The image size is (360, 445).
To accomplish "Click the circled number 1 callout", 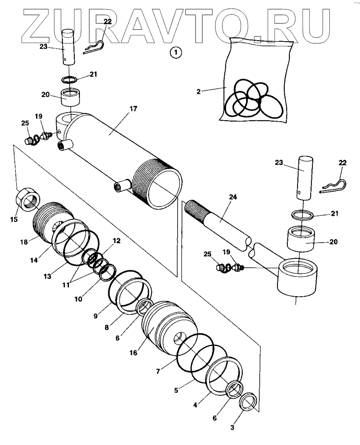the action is [x=176, y=53].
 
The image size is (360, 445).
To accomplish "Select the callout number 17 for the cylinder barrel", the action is [x=133, y=109].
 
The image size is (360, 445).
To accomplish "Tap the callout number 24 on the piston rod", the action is [x=233, y=197].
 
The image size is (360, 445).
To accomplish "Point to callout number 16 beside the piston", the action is [x=133, y=353].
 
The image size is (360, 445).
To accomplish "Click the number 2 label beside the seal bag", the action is [x=198, y=91].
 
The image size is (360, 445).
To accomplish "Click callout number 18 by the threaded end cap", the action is [x=24, y=242].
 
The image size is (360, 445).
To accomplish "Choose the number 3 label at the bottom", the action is [x=232, y=428].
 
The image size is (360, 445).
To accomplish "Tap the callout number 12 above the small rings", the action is [x=116, y=241].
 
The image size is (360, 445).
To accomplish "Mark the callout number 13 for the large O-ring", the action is [x=47, y=276].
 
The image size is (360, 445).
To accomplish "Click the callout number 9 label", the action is [x=95, y=316].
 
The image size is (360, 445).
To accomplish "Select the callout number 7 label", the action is [x=158, y=371].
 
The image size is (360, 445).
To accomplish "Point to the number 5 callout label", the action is [x=176, y=391].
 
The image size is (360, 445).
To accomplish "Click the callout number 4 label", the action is [x=195, y=405].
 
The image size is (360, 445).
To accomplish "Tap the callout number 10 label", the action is [x=78, y=299].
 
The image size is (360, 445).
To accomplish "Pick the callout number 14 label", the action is [x=34, y=260].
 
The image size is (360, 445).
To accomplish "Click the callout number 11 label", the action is [x=66, y=285].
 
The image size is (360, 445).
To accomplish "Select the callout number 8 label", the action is [x=106, y=328].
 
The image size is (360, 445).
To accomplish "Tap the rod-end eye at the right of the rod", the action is [x=298, y=277].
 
